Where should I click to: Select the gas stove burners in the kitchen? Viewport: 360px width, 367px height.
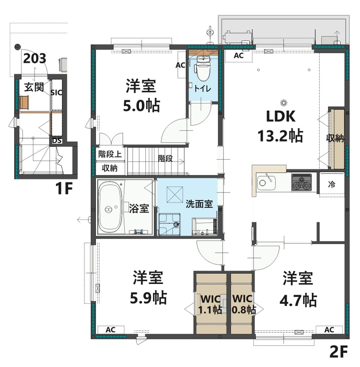coord(302,182)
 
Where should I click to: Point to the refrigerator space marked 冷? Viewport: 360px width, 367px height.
coord(331,185)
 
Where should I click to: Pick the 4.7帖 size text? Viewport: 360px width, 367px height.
coord(298,300)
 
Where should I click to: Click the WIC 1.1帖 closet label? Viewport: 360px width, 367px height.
coord(210,304)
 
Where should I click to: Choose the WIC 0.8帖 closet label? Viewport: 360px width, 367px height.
coord(243,304)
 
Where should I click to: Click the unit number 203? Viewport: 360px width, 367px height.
coord(34,58)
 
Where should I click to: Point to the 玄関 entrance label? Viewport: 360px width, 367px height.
coord(33,87)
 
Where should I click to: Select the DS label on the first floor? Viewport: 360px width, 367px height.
coord(57,141)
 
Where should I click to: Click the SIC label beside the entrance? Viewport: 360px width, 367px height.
coord(56,93)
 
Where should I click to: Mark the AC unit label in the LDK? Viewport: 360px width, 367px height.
coord(238,56)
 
